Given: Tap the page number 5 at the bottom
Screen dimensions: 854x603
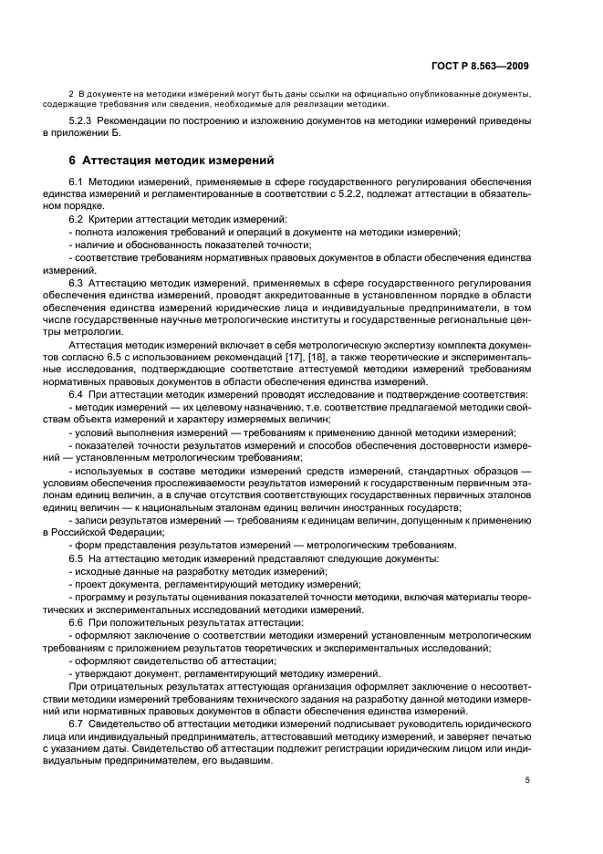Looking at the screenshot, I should [527, 780].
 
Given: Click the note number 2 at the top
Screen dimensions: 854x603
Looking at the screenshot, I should [71, 94].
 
